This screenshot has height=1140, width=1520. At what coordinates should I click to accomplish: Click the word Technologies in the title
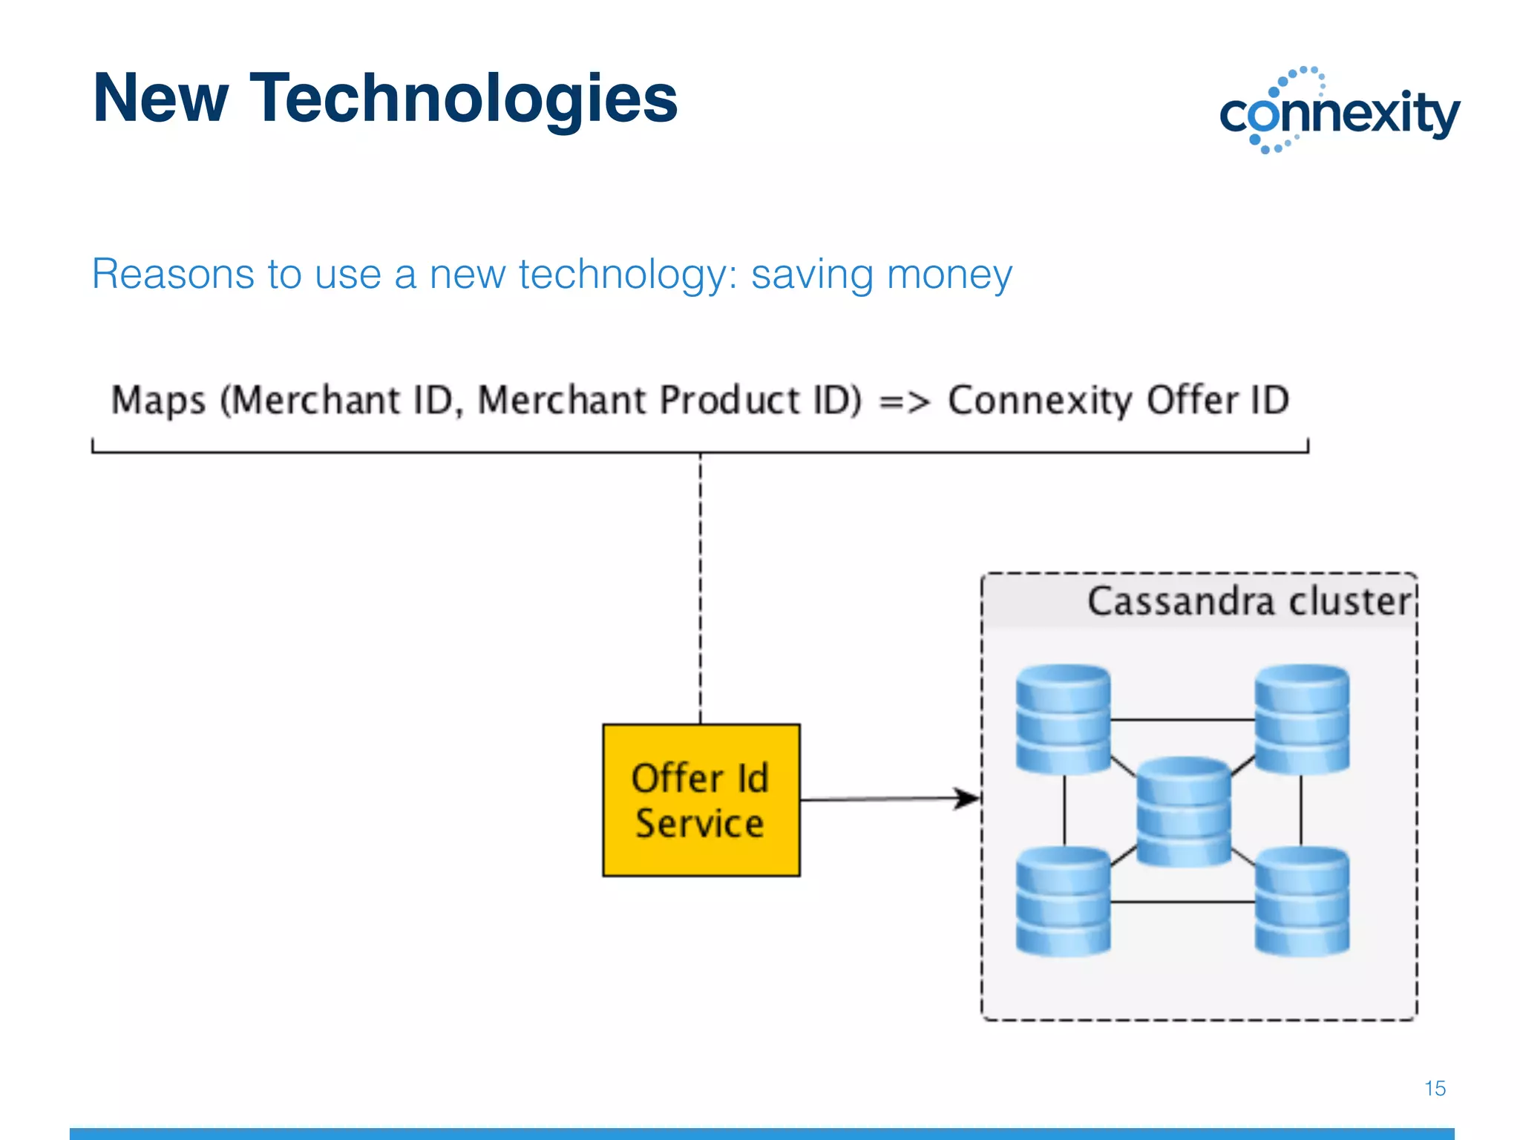464,100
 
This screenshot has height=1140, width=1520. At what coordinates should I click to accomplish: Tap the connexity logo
1340,111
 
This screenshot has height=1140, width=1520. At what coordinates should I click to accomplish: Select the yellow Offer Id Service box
701,800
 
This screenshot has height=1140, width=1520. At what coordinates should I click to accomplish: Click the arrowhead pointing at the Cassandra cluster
967,799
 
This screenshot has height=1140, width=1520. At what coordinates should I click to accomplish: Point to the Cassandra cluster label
1248,601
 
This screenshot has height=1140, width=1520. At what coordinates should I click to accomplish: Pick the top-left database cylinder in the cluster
1063,719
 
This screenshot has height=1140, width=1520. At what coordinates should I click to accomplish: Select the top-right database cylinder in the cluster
1302,719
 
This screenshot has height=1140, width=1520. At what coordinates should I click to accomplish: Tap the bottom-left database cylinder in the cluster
1063,901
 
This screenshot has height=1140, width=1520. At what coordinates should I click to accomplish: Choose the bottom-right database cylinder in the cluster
1302,901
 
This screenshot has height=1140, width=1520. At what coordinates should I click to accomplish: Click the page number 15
1435,1088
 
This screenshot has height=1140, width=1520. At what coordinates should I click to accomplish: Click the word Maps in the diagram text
158,402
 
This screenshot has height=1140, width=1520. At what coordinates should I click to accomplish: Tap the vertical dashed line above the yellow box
700,586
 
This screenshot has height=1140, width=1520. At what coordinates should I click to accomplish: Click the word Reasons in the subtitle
172,275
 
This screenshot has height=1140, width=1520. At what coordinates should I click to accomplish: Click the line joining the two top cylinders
1182,720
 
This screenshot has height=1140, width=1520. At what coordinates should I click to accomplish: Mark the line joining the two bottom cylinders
1182,902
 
